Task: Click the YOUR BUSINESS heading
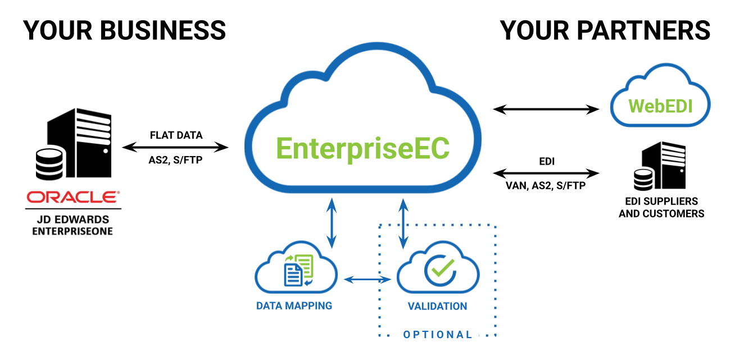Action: pyautogui.click(x=124, y=30)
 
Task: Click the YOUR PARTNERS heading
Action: pyautogui.click(x=605, y=30)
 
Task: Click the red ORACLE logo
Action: pyautogui.click(x=72, y=197)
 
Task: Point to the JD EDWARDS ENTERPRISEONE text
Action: pyautogui.click(x=72, y=225)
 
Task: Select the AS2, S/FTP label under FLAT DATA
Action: pyautogui.click(x=176, y=160)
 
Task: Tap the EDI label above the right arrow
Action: pyautogui.click(x=546, y=161)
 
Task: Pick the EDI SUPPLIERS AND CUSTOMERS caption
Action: pyautogui.click(x=661, y=207)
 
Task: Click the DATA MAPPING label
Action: pyautogui.click(x=294, y=306)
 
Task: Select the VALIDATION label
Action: pyautogui.click(x=437, y=307)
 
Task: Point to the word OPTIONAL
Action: pyautogui.click(x=438, y=335)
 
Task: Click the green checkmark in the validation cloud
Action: pyautogui.click(x=439, y=269)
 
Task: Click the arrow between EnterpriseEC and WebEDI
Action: pyautogui.click(x=546, y=109)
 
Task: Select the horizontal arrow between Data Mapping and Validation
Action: pyautogui.click(x=367, y=279)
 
